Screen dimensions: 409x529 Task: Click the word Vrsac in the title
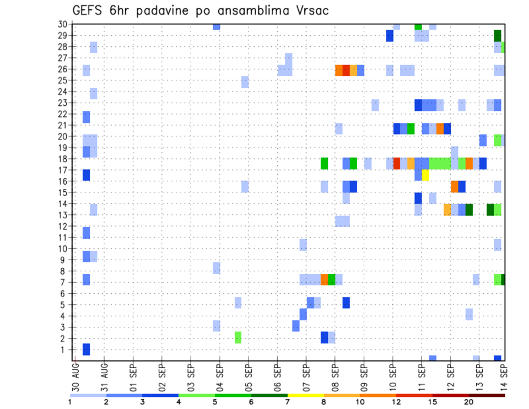311,10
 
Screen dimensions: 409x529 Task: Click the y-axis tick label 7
65,283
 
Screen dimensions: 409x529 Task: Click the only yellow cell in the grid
425,175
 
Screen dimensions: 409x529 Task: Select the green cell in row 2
238,337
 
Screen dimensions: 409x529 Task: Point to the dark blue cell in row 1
86,349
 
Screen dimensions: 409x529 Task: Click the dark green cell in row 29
498,36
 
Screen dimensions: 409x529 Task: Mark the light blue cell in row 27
289,58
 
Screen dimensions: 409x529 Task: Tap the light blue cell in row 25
245,82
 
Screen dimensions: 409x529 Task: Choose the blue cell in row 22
86,117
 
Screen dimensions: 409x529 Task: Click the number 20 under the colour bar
468,401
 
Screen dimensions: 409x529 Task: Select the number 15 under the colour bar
432,401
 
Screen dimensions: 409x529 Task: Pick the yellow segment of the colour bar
305,395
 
